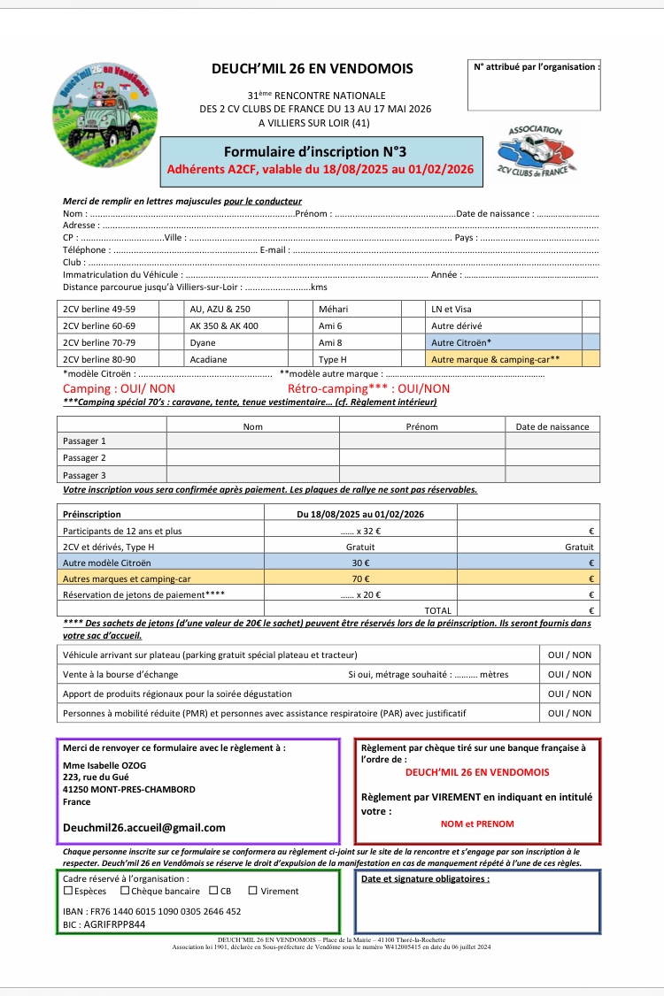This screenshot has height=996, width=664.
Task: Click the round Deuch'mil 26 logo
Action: [x=104, y=110]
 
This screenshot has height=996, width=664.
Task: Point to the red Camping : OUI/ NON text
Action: [x=119, y=388]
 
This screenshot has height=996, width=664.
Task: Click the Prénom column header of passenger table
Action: [x=421, y=426]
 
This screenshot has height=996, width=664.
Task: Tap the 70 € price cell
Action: [x=359, y=578]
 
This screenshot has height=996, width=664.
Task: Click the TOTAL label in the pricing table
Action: [x=437, y=610]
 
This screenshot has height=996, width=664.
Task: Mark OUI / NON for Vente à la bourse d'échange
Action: [x=569, y=674]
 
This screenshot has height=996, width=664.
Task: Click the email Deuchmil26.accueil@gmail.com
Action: [x=143, y=828]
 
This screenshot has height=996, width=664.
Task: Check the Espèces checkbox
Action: [x=68, y=891]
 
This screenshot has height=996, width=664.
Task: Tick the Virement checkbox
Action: [x=252, y=891]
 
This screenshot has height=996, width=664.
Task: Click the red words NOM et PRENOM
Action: [x=477, y=824]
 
